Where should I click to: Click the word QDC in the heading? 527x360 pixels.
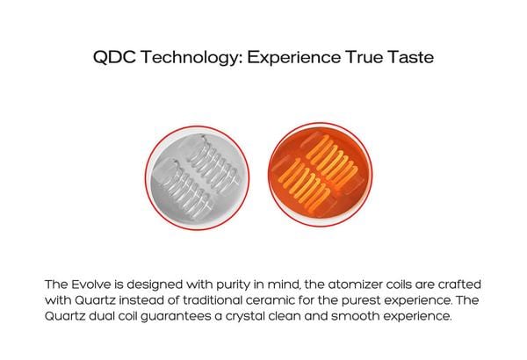click(114, 57)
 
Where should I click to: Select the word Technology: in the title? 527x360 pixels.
click(191, 57)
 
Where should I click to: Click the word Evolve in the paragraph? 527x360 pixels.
click(90, 284)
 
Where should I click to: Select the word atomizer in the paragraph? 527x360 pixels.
click(355, 284)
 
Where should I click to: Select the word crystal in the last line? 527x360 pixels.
click(243, 317)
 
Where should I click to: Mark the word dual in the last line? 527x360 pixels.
click(102, 316)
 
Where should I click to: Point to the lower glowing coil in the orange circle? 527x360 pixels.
click(305, 185)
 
